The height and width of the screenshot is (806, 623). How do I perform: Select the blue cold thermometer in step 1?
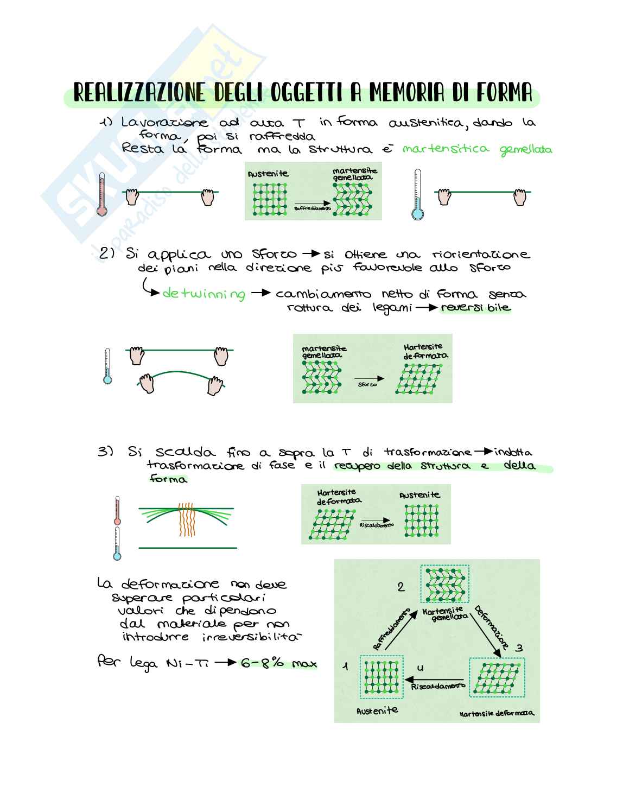pyautogui.click(x=417, y=195)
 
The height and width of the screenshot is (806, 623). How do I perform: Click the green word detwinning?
pyautogui.click(x=204, y=294)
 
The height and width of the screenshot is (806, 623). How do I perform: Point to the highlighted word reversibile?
pyautogui.click(x=475, y=308)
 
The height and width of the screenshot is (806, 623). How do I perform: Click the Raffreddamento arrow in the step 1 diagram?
pyautogui.click(x=314, y=202)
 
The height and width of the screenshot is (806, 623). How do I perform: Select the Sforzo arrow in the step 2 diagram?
pyautogui.click(x=368, y=379)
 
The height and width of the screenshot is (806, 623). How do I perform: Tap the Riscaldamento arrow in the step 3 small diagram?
pyautogui.click(x=377, y=519)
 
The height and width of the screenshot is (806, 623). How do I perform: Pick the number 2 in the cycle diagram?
pyautogui.click(x=401, y=587)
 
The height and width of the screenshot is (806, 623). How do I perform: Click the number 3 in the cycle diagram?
pyautogui.click(x=519, y=648)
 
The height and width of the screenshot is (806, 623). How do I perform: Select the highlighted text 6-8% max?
pyautogui.click(x=278, y=663)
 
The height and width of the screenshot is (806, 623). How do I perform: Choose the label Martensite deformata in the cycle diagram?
pyautogui.click(x=496, y=713)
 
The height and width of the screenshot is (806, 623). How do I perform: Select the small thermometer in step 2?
pyautogui.click(x=107, y=367)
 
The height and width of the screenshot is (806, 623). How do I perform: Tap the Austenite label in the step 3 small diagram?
pyautogui.click(x=419, y=495)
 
